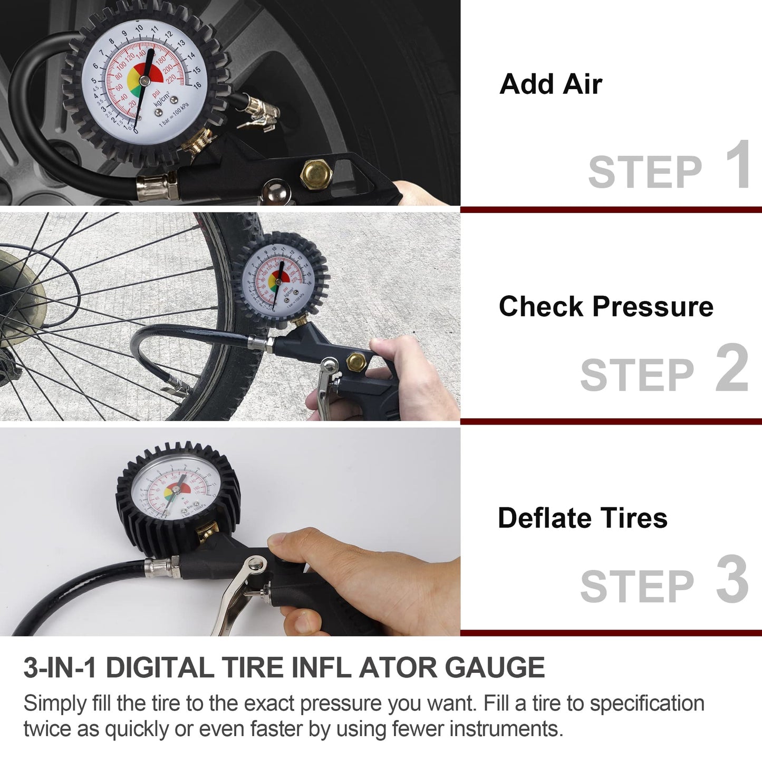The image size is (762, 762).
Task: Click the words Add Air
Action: (x=551, y=84)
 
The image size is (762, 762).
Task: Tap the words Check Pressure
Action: (x=606, y=307)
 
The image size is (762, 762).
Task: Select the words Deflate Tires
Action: (x=582, y=518)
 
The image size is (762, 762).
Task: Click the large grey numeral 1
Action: (x=738, y=165)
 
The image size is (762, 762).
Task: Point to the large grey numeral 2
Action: (x=732, y=368)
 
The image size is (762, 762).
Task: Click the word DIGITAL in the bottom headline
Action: (x=159, y=668)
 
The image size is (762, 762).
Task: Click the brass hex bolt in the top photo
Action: (x=311, y=173)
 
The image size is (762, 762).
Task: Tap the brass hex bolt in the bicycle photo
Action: (x=356, y=362)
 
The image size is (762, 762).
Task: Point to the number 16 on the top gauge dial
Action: (x=197, y=85)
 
